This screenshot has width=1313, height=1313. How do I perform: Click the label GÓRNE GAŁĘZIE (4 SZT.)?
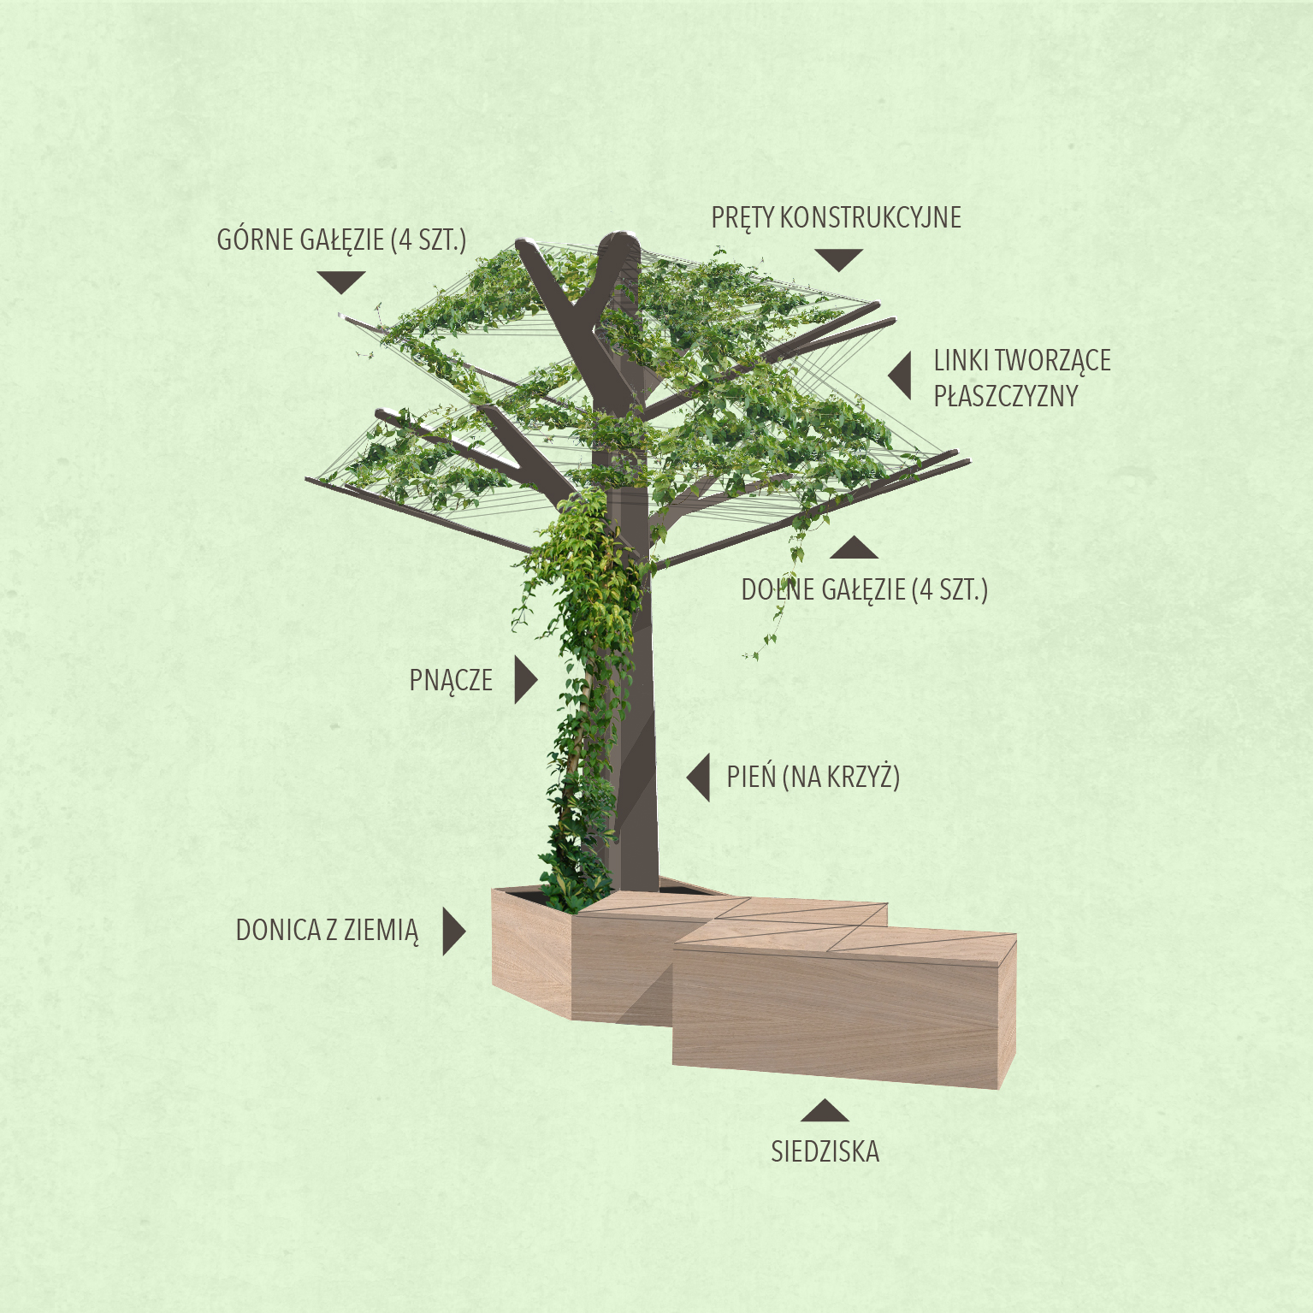coord(341,240)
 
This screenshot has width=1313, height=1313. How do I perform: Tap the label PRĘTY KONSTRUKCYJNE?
coord(836,218)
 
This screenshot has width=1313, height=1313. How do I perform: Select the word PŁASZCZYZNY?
coord(1005,397)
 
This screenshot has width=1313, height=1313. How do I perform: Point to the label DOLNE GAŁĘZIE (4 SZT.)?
coord(864,590)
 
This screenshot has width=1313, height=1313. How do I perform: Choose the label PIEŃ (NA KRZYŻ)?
coord(813,777)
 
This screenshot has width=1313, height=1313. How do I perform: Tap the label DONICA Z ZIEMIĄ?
coord(327,931)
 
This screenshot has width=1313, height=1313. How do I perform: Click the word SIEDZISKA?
coord(825,1152)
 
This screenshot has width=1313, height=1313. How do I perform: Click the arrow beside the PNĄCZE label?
coord(525,681)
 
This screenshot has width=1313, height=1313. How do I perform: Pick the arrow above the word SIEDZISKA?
coord(825,1111)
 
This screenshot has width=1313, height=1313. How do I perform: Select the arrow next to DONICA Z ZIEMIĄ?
coord(453,932)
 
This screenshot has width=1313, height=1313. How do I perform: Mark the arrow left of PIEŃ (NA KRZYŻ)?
coord(699,778)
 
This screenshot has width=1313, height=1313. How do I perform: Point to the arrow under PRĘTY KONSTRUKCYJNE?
coord(838,260)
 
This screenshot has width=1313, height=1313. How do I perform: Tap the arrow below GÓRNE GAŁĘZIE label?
coord(341,282)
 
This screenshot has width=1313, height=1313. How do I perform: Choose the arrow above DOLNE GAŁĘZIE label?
coord(854,547)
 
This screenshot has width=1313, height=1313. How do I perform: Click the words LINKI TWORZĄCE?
coord(1022,361)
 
